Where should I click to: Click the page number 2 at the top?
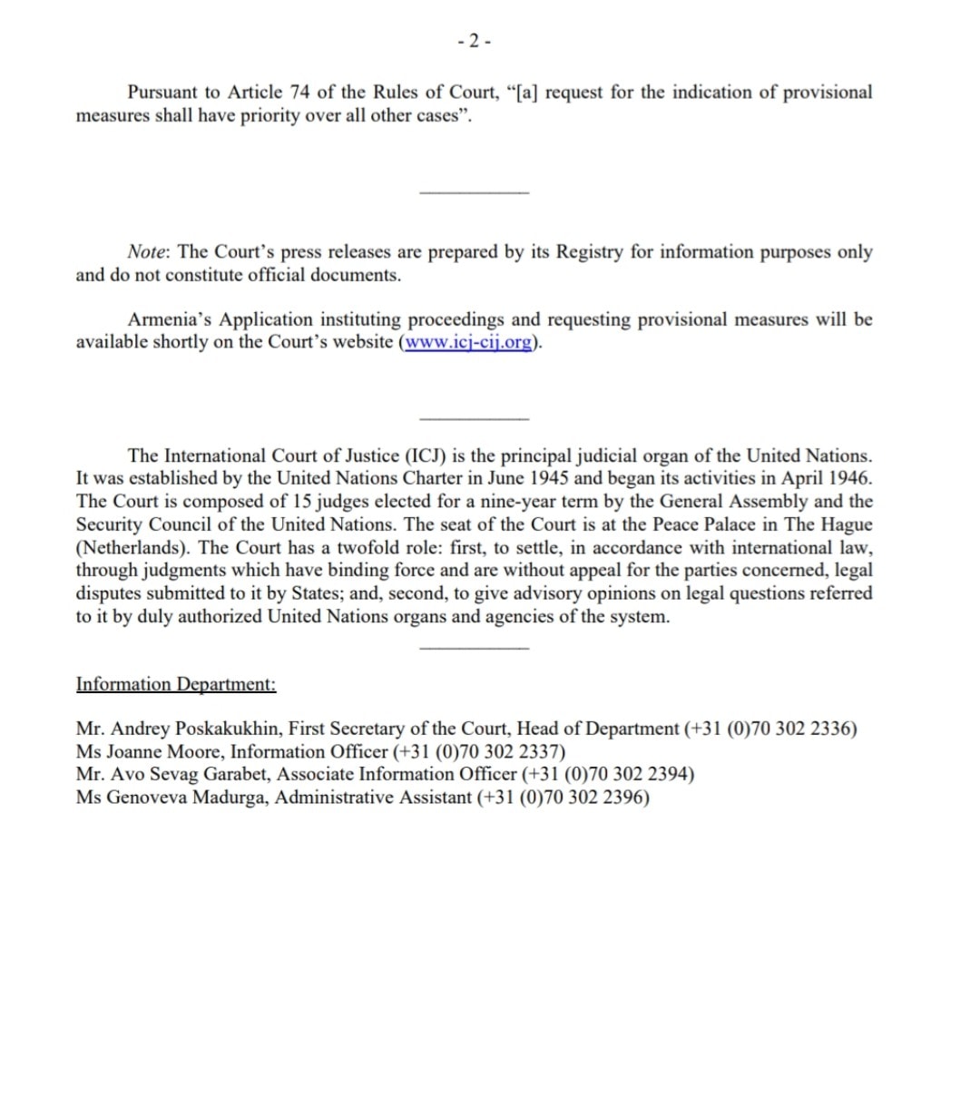[x=475, y=41]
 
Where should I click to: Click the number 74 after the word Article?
[x=299, y=93]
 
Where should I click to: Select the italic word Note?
[x=149, y=252]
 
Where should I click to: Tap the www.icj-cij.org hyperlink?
[x=468, y=343]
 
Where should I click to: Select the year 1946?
[x=850, y=479]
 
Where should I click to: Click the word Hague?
[x=846, y=524]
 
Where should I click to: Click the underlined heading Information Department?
[x=176, y=684]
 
